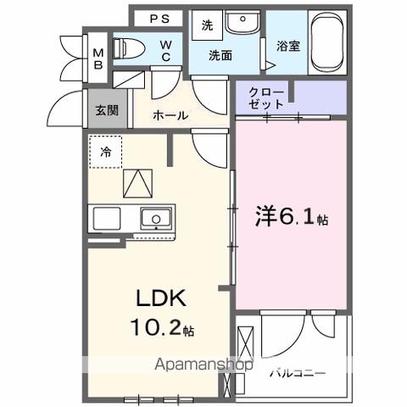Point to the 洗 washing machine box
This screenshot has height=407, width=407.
click(x=207, y=25)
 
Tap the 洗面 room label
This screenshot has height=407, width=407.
click(x=222, y=56)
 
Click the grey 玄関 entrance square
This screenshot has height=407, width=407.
click(x=105, y=109)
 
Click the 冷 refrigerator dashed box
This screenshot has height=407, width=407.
click(x=106, y=153)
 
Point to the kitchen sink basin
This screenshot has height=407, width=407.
click(x=155, y=218)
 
